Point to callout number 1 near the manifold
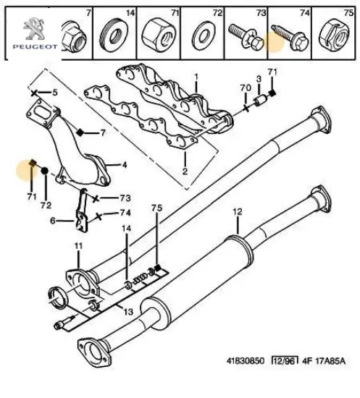(195, 77)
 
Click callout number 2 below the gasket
(185, 172)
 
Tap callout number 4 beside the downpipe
(125, 164)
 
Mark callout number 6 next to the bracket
(52, 221)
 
